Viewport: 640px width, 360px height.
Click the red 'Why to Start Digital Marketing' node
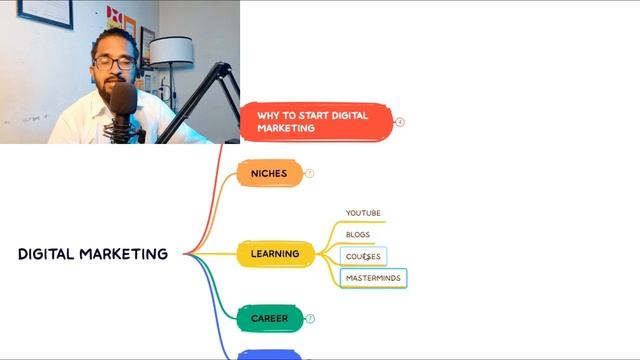(314, 122)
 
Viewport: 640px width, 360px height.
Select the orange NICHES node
(269, 173)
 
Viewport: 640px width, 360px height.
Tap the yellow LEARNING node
(274, 254)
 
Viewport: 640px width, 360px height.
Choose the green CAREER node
(269, 318)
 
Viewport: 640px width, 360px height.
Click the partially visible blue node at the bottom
(269, 355)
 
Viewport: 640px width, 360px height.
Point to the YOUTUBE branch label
(363, 213)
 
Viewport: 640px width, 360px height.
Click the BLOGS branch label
(358, 235)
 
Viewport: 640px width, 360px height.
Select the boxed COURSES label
(363, 257)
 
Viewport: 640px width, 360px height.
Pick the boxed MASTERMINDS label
(373, 278)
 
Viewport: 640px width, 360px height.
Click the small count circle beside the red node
(400, 122)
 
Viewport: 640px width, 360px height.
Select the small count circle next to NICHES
(309, 173)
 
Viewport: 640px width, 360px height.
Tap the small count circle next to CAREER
(310, 318)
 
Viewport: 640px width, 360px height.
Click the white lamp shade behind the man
(172, 52)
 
